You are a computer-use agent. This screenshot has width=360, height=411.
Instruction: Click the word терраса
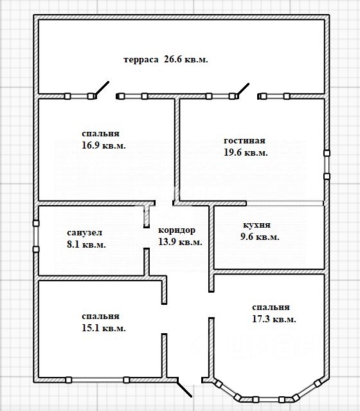(x=141, y=60)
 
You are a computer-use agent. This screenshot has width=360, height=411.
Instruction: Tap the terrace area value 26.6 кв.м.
(x=186, y=59)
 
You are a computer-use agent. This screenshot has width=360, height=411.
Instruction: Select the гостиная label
(x=244, y=140)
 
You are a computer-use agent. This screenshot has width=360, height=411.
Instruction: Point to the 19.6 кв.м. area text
(x=246, y=152)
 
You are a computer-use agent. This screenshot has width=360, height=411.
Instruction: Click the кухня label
(x=256, y=225)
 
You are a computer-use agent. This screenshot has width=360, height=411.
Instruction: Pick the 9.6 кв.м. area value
(x=260, y=237)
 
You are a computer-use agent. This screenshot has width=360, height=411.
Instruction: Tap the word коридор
(x=177, y=231)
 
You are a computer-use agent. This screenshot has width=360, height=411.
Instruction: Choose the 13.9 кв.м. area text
(x=180, y=242)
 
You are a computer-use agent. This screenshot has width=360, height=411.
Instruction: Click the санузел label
(x=85, y=232)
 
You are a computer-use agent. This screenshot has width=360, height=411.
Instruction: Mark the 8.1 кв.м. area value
(x=86, y=244)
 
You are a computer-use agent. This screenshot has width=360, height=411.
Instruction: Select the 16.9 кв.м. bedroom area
(x=104, y=145)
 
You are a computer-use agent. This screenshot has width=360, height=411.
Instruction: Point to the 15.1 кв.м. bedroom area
(x=104, y=328)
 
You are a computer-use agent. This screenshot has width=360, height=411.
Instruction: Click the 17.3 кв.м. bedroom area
(x=274, y=319)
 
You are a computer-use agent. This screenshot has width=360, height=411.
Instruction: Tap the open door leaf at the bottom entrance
(x=184, y=387)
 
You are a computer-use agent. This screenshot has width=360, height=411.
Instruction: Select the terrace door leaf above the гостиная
(x=243, y=89)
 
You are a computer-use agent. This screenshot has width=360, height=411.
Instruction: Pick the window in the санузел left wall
(x=36, y=236)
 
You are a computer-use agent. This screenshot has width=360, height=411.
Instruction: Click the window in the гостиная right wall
(x=327, y=165)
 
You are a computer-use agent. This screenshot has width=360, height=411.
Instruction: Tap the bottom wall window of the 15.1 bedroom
(x=97, y=380)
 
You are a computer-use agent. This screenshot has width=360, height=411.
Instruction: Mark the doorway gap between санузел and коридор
(x=147, y=238)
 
